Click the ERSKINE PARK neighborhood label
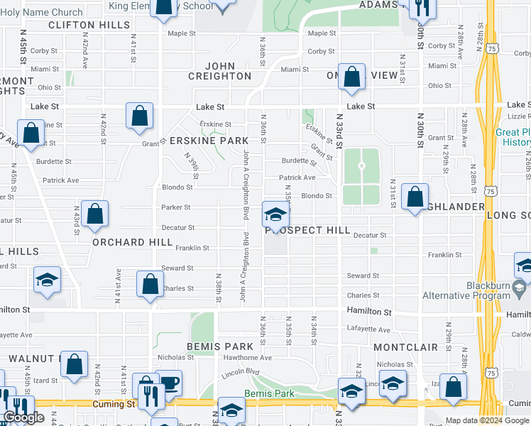tap(209, 141)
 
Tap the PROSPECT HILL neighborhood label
tap(308, 231)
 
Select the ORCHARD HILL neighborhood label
tap(132, 242)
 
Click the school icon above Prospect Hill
tap(275, 213)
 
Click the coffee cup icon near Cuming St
tap(168, 383)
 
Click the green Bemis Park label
tap(264, 393)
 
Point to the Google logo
tap(23, 418)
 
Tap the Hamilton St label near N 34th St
tap(368, 312)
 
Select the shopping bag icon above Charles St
tap(150, 284)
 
